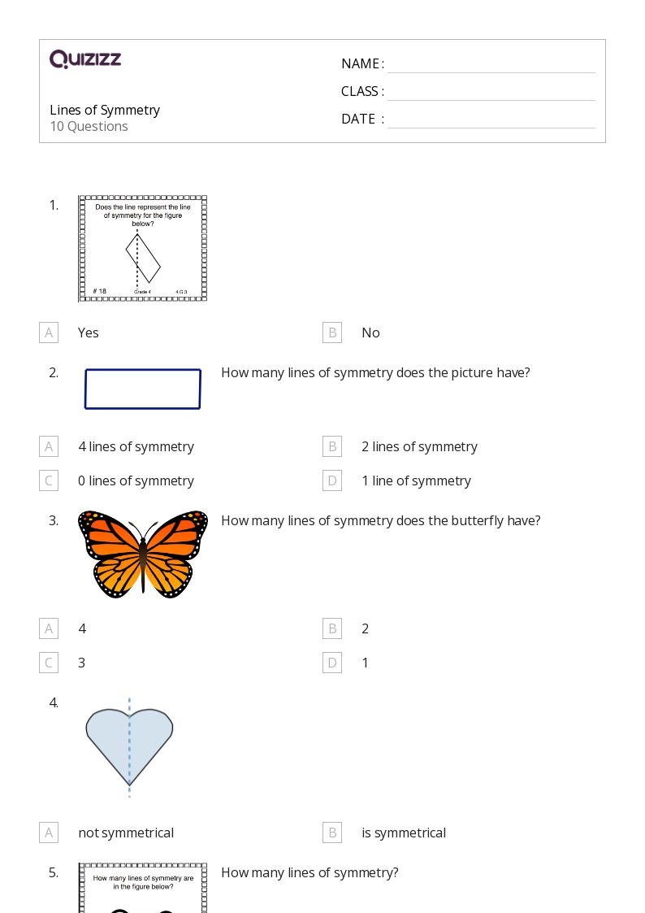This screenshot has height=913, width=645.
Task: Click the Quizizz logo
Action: pyautogui.click(x=85, y=59)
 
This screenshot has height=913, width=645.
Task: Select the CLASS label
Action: pyautogui.click(x=362, y=91)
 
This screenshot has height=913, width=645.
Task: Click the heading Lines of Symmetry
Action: pyautogui.click(x=105, y=110)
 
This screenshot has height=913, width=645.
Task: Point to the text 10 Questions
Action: pyautogui.click(x=89, y=126)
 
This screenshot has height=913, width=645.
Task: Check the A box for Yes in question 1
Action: pyautogui.click(x=49, y=333)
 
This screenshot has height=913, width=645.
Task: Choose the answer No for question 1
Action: pyautogui.click(x=370, y=333)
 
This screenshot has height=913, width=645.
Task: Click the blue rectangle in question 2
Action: pyautogui.click(x=143, y=389)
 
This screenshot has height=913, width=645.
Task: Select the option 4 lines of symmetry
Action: pyautogui.click(x=136, y=446)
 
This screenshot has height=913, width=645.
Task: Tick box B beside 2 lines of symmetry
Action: pyautogui.click(x=331, y=446)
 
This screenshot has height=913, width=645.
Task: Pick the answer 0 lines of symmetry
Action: pyautogui.click(x=136, y=480)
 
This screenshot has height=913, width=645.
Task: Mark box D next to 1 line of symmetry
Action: pyautogui.click(x=331, y=480)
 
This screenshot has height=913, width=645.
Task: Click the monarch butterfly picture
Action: pyautogui.click(x=143, y=554)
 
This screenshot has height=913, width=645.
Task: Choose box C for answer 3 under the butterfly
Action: pyautogui.click(x=49, y=663)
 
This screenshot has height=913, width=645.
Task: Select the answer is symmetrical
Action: pyautogui.click(x=403, y=833)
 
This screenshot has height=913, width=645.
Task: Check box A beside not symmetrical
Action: pyautogui.click(x=49, y=833)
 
